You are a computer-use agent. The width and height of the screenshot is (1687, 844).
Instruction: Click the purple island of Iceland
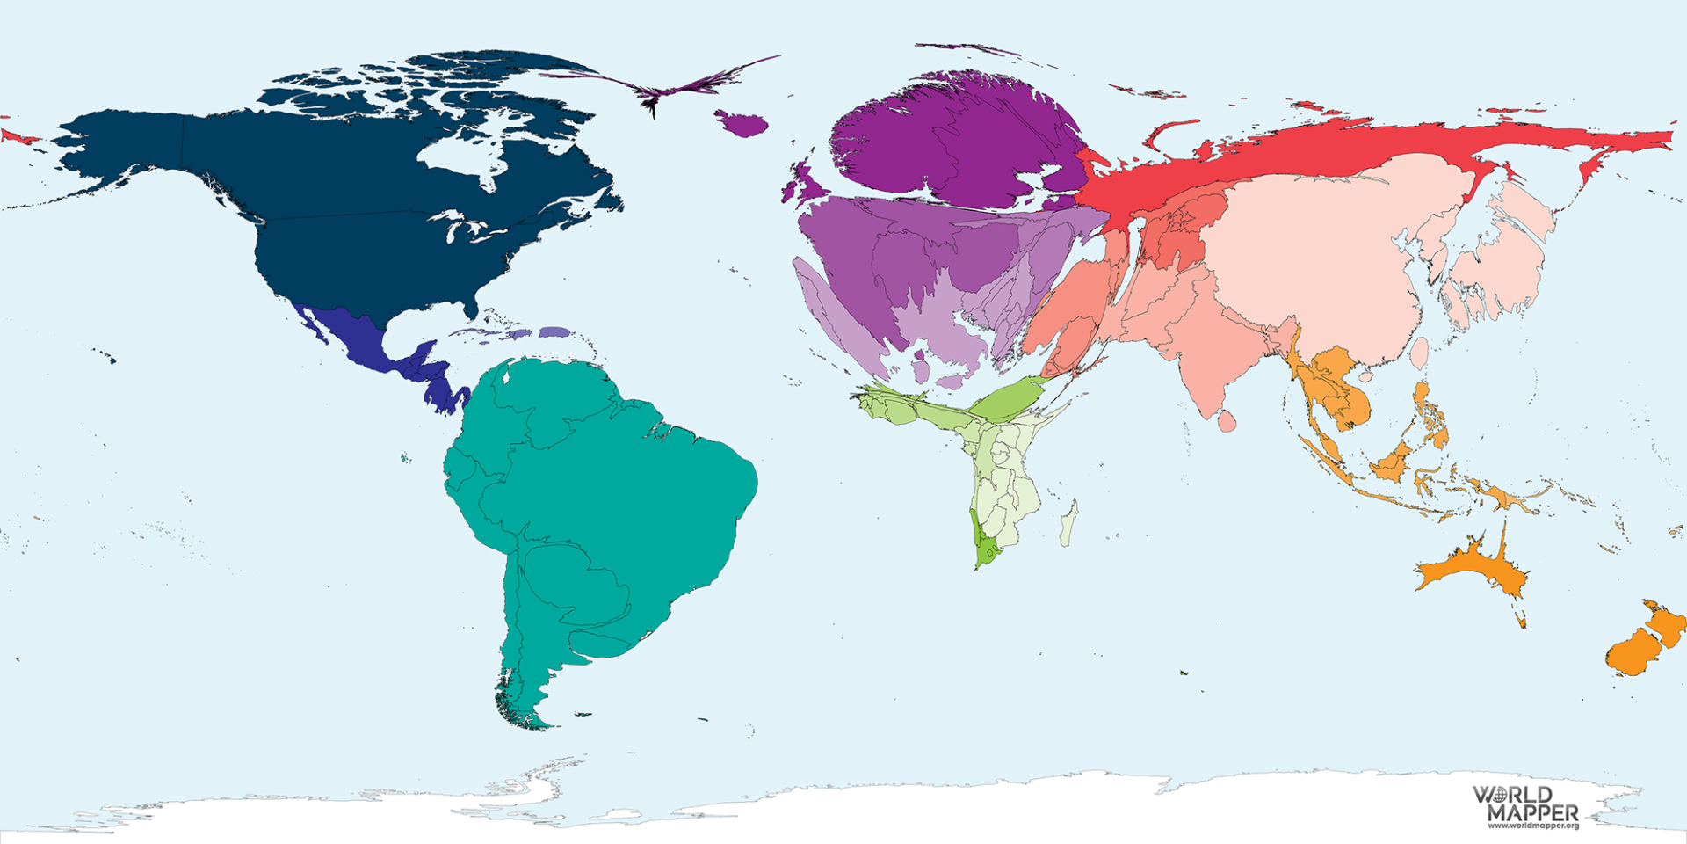click(742, 124)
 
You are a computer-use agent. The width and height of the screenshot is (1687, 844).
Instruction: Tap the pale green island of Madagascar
click(1068, 525)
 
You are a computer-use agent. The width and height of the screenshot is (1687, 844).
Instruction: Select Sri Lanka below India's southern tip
click(1227, 422)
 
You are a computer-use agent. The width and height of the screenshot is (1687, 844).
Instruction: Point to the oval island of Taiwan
click(1418, 353)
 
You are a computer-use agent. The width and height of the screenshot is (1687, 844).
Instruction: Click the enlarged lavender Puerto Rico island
click(554, 331)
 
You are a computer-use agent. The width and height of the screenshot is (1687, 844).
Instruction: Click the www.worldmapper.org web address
click(1532, 826)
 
